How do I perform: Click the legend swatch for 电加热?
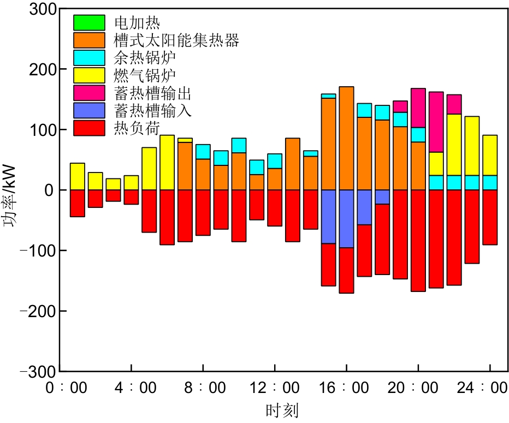click(x=89, y=22)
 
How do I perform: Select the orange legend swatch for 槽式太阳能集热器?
click(x=89, y=40)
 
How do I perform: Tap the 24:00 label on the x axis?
click(x=490, y=389)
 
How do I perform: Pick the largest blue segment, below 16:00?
click(x=346, y=218)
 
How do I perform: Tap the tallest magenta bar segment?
click(x=436, y=122)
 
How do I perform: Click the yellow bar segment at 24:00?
click(x=490, y=155)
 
